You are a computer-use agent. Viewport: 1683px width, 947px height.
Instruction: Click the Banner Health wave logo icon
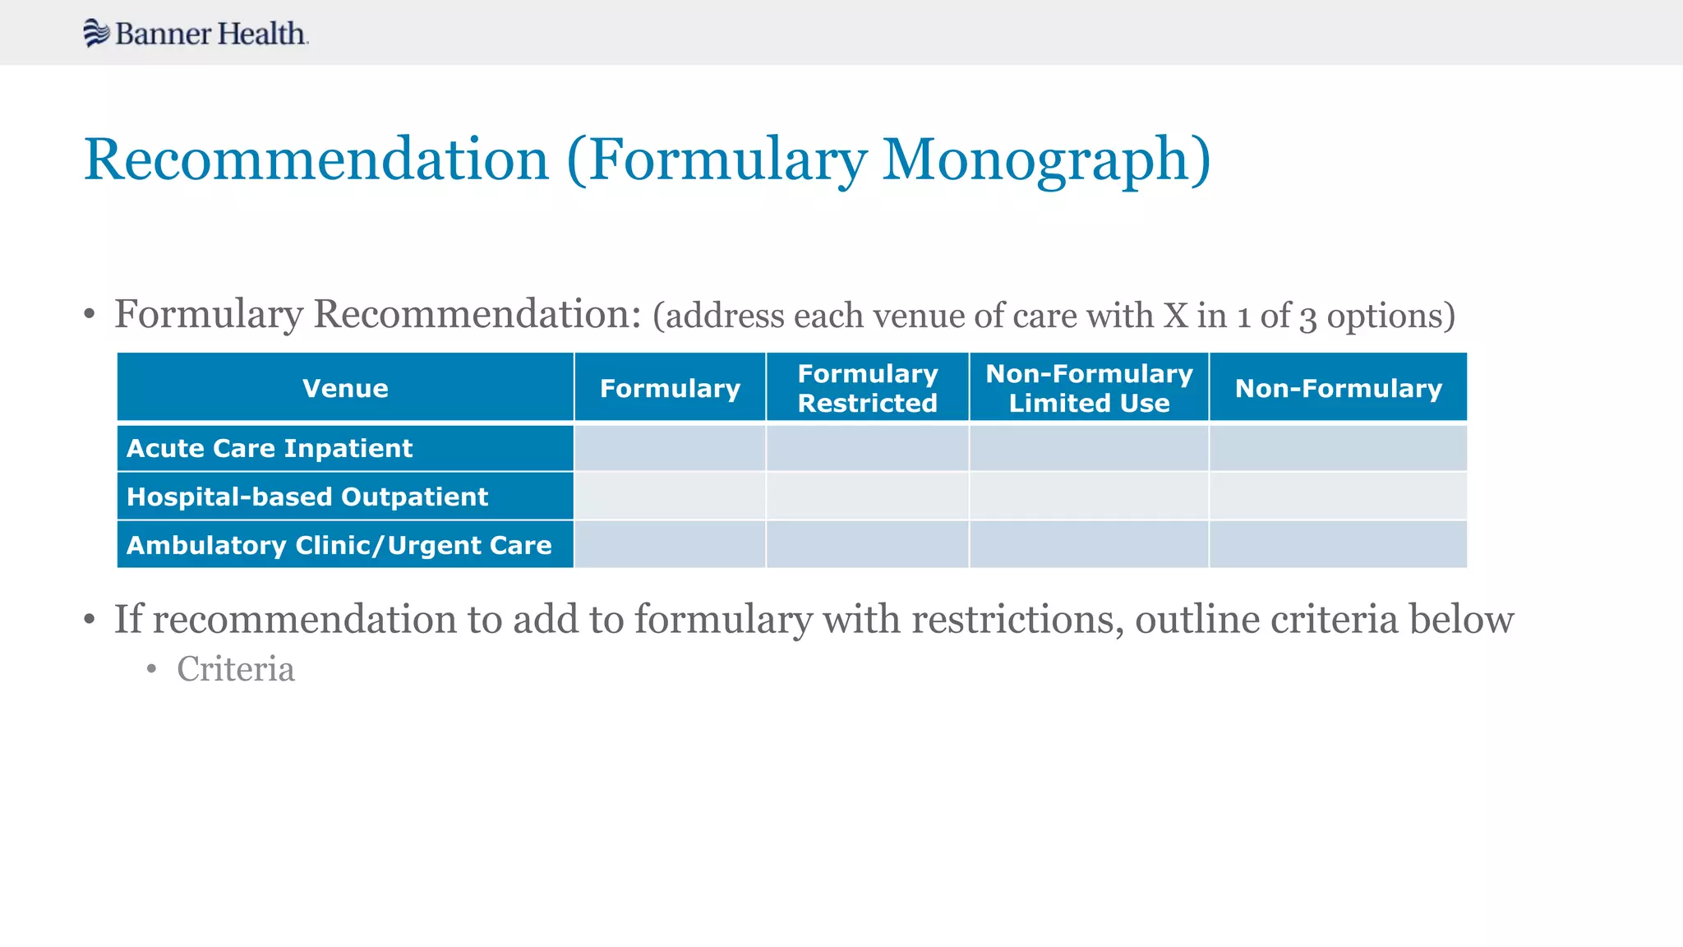point(96,33)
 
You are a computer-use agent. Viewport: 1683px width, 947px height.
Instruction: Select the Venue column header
point(345,388)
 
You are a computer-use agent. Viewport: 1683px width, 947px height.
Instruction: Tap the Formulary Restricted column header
point(867,388)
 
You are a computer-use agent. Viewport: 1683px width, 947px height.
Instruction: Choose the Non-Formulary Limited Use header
point(1089,388)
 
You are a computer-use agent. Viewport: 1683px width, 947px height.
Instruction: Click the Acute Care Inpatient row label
point(270,448)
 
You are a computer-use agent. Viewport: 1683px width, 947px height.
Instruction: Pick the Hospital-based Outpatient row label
point(307,497)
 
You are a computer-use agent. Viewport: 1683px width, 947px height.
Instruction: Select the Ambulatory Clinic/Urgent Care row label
point(339,545)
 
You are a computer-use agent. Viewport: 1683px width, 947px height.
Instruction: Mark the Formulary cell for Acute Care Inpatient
point(670,448)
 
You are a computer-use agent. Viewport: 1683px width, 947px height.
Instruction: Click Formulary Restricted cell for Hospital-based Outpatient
point(867,497)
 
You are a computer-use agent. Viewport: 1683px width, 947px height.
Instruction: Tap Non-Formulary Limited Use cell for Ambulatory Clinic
point(1089,545)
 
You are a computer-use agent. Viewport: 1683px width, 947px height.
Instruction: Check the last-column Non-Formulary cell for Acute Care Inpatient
point(1338,448)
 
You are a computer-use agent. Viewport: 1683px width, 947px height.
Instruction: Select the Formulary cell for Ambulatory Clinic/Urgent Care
point(670,545)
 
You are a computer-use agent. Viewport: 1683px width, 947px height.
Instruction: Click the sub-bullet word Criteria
point(236,669)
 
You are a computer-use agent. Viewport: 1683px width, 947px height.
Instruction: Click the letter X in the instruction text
point(1175,316)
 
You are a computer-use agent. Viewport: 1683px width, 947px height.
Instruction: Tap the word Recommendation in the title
point(316,159)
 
